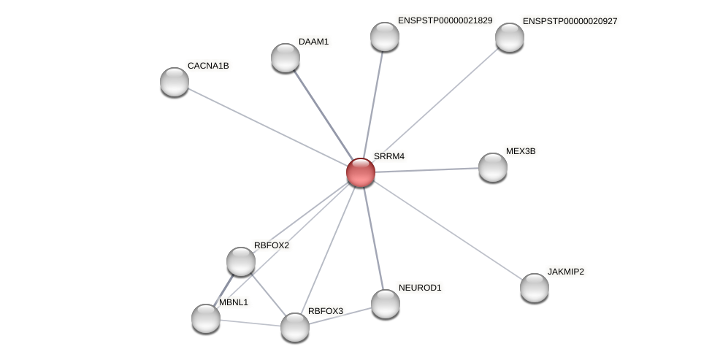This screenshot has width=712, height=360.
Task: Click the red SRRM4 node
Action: click(360, 172)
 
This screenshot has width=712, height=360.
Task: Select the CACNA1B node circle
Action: click(175, 82)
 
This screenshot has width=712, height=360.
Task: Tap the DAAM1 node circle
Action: click(286, 58)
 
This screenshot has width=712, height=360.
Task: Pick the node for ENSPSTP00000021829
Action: click(385, 37)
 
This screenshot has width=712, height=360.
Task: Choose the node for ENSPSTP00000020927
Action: click(510, 37)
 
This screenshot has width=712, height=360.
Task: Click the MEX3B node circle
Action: click(493, 167)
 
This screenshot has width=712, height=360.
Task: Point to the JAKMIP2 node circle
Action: click(535, 287)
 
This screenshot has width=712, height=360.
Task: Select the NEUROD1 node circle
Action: click(386, 303)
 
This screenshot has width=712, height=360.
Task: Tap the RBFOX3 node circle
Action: click(295, 326)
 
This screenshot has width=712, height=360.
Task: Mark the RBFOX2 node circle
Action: click(241, 261)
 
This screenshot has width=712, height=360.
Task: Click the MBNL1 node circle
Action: click(206, 318)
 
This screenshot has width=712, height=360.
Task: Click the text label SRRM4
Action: click(388, 156)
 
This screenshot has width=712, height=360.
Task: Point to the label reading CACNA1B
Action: click(208, 66)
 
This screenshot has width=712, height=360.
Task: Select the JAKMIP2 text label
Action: click(566, 272)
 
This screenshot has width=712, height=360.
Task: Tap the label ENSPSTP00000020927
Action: click(570, 21)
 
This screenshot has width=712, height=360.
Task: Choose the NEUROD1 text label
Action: click(420, 288)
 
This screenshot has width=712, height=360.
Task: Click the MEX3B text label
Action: click(521, 151)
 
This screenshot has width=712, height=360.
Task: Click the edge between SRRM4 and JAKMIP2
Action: click(447, 229)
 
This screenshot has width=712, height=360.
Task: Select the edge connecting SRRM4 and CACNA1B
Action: click(267, 127)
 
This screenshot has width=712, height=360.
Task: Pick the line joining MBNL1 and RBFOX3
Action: click(250, 322)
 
